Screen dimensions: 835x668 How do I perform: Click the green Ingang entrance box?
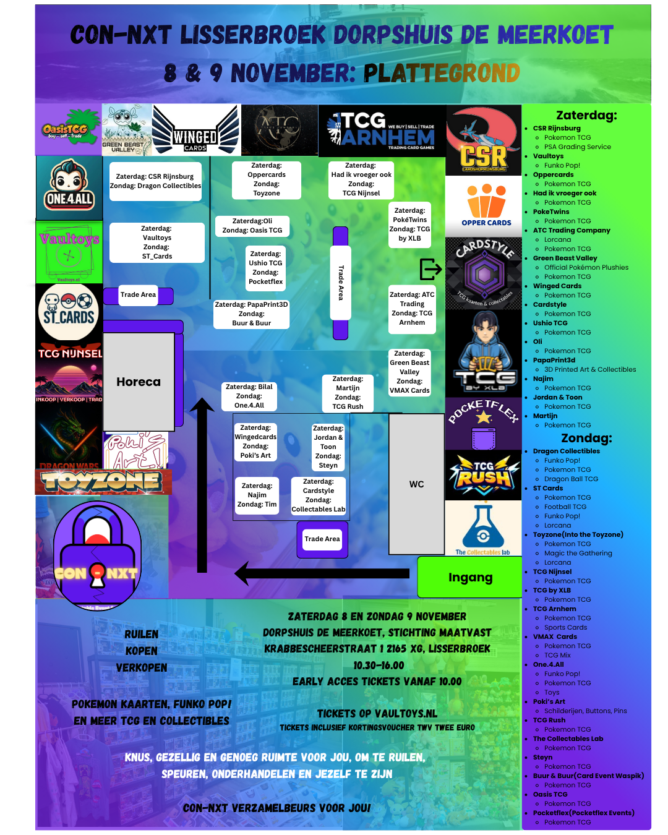coord(470,577)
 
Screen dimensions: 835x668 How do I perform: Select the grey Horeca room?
coord(139,382)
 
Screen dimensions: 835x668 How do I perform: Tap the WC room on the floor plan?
coord(416,484)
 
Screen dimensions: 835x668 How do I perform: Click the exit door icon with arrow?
coord(430,269)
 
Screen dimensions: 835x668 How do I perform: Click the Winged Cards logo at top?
coord(195,130)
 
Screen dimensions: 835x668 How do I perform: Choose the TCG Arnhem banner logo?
coord(382,131)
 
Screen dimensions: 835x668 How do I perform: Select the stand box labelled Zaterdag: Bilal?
coord(249,396)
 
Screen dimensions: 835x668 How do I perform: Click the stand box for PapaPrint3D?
coord(251,314)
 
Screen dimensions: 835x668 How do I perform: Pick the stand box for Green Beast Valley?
coord(409,372)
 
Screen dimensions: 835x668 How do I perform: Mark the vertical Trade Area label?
coord(341,283)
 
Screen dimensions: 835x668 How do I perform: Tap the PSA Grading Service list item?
coord(577,147)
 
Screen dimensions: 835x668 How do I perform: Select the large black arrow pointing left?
coord(322,573)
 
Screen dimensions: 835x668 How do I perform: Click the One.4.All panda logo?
coord(69,187)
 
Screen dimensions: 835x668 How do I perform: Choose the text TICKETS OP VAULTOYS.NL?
coord(377,713)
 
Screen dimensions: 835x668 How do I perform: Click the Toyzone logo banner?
coord(103,481)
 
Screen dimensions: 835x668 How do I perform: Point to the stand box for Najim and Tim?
coord(257,495)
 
